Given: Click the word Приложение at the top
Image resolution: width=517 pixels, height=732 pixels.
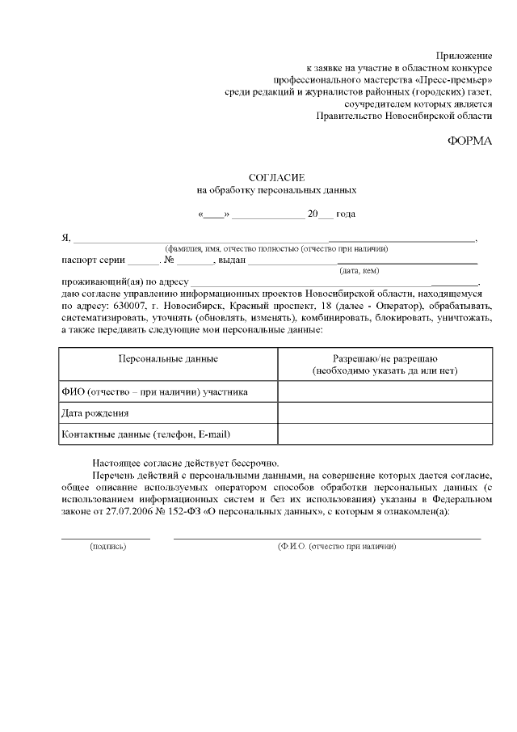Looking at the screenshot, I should pyautogui.click(x=464, y=55).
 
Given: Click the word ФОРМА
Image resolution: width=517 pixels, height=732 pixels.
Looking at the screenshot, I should pyautogui.click(x=469, y=140).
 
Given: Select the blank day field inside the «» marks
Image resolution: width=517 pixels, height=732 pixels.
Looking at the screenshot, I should pyautogui.click(x=214, y=214).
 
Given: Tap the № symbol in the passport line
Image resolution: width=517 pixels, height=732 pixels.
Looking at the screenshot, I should pyautogui.click(x=170, y=260).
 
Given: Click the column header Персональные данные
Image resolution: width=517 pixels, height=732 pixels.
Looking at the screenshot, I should pyautogui.click(x=168, y=358).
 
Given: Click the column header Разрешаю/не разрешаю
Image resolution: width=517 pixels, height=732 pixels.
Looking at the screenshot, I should pyautogui.click(x=385, y=358).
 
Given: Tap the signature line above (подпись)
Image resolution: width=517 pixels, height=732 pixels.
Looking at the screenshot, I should pyautogui.click(x=106, y=538).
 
